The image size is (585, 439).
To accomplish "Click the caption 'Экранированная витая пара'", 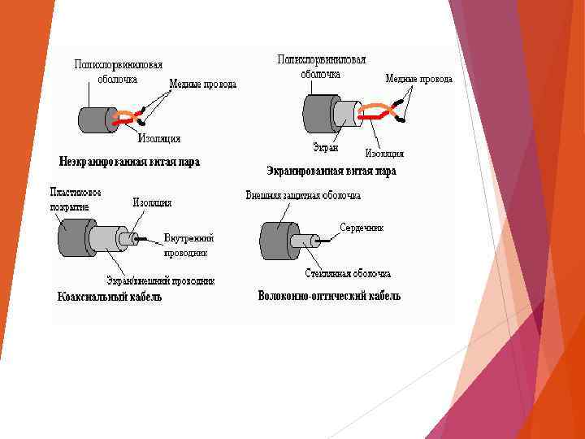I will (331, 171).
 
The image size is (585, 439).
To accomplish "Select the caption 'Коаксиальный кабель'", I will (109, 297).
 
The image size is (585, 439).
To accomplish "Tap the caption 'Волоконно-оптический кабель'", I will (329, 296).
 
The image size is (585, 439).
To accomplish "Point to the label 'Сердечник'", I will (361, 228).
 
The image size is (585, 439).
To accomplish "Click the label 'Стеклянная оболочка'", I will (349, 274).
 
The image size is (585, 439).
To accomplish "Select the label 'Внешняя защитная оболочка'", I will (303, 195).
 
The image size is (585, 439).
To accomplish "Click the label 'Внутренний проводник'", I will (188, 245).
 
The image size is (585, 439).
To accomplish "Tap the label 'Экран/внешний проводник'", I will (161, 280).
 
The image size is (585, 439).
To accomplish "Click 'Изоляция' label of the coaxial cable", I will (152, 202).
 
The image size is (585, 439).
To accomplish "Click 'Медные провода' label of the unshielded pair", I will (202, 84).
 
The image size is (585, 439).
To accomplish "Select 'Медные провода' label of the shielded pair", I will (418, 79).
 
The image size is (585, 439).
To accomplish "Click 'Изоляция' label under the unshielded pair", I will (159, 138).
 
